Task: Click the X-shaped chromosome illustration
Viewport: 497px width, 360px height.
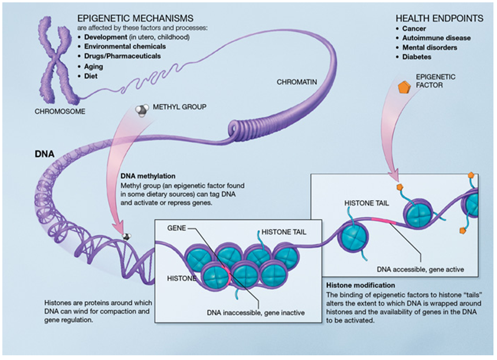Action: click(x=54, y=58)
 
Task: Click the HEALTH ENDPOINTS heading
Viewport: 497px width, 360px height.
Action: click(x=439, y=18)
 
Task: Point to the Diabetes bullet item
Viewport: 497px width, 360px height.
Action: click(x=417, y=57)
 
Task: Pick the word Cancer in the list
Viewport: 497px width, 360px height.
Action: click(x=414, y=28)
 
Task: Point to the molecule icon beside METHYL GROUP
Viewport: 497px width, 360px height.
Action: click(x=142, y=110)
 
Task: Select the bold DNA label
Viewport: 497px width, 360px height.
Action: click(x=44, y=154)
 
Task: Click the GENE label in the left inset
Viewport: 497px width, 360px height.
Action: click(x=178, y=227)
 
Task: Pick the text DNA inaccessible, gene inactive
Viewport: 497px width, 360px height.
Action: click(x=256, y=312)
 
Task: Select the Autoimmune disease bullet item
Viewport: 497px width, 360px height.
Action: click(x=436, y=38)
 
